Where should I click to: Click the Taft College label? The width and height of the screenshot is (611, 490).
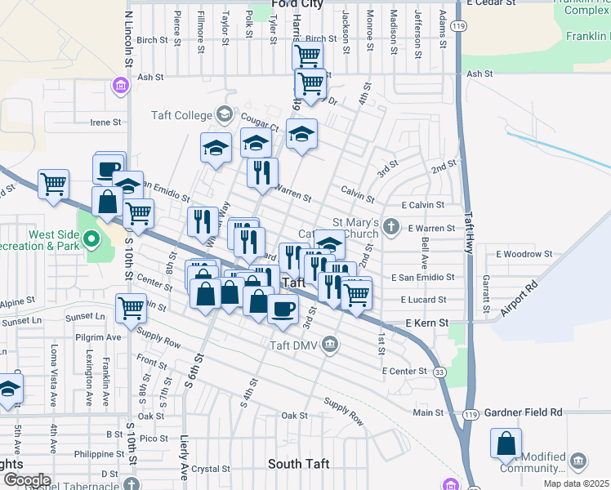pyautogui.click(x=181, y=115)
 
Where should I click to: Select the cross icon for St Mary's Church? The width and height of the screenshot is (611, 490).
pyautogui.click(x=392, y=226)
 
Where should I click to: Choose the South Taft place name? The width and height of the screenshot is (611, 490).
pyautogui.click(x=299, y=464)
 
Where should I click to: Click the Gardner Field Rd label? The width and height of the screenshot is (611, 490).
pyautogui.click(x=523, y=413)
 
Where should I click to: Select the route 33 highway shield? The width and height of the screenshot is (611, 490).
pyautogui.click(x=440, y=372)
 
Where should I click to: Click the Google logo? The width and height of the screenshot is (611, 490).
pyautogui.click(x=26, y=479)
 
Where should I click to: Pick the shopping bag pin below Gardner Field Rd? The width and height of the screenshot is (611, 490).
pyautogui.click(x=506, y=443)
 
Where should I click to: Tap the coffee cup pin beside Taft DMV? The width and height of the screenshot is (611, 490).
pyautogui.click(x=283, y=310)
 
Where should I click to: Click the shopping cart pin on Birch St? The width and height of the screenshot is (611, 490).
pyautogui.click(x=307, y=56)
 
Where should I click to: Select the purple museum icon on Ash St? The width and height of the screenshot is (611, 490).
pyautogui.click(x=120, y=85)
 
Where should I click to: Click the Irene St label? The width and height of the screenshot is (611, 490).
pyautogui.click(x=105, y=122)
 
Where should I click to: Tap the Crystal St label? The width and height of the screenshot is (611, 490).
pyautogui.click(x=212, y=469)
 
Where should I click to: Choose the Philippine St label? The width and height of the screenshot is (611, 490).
pyautogui.click(x=96, y=453)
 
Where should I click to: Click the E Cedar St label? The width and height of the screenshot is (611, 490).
pyautogui.click(x=493, y=2)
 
